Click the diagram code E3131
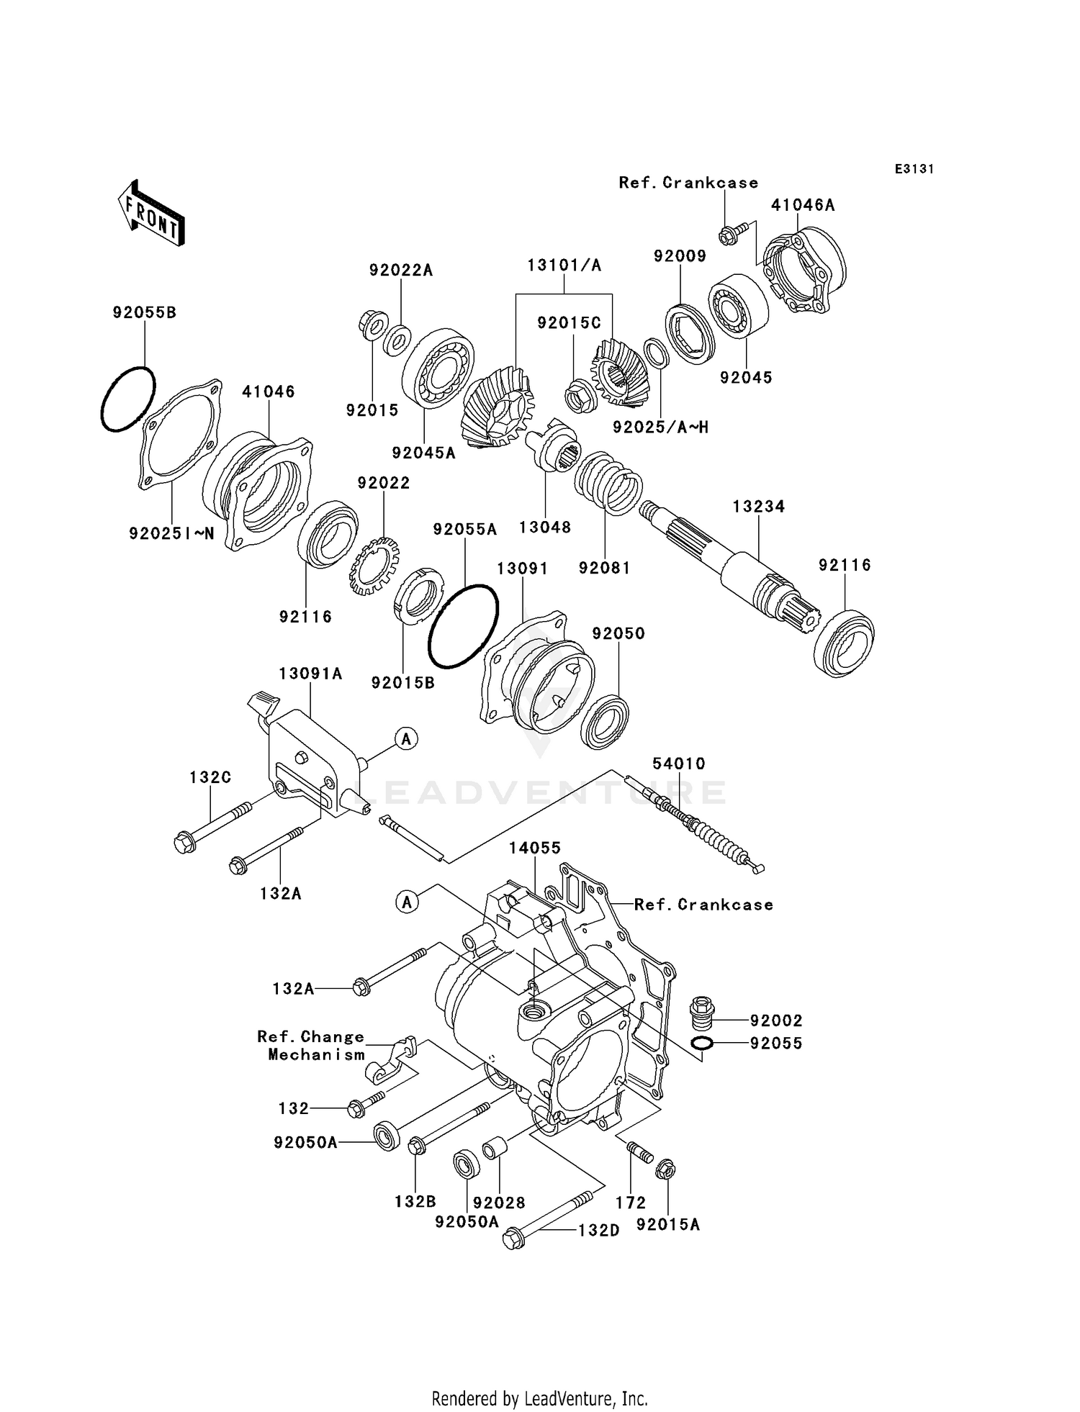coord(914,169)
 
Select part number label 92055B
coord(144,313)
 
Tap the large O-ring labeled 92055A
coord(462,626)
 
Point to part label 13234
coord(758,507)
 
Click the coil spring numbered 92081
coord(608,483)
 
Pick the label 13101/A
coord(564,266)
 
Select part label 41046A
coord(802,205)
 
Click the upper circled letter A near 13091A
coord(406,738)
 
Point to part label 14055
coord(534,848)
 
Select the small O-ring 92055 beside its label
coord(703,1044)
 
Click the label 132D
coord(598,1231)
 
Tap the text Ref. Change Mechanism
coord(311,1046)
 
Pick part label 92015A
coord(667,1225)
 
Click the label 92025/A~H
coord(660,427)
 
